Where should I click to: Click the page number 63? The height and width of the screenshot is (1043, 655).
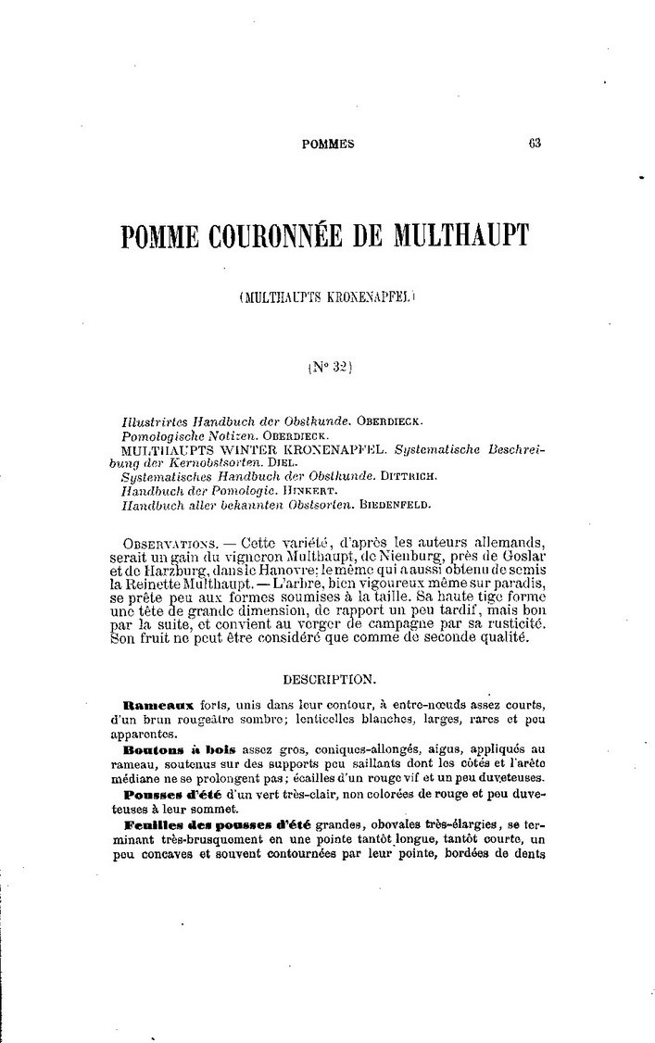534,143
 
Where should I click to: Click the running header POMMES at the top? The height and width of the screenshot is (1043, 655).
329,144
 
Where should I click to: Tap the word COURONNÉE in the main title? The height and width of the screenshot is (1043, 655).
275,236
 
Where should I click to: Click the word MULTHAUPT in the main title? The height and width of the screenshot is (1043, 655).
450,236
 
